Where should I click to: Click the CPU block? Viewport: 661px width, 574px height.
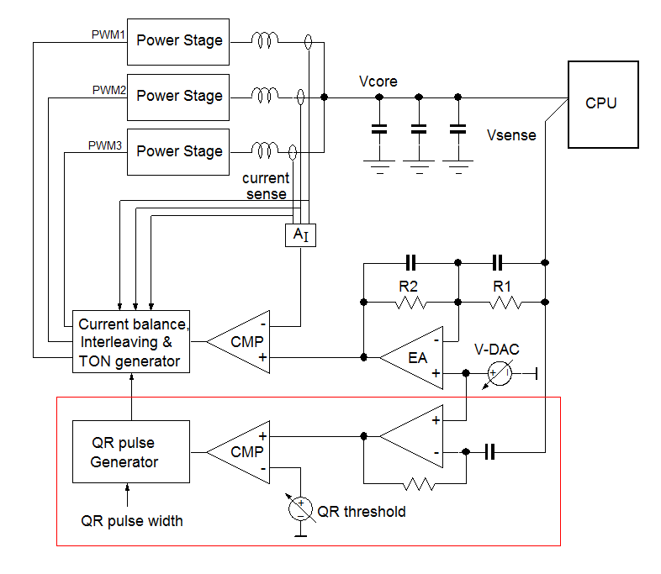point(600,103)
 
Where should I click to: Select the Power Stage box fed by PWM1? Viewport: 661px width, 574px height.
point(178,40)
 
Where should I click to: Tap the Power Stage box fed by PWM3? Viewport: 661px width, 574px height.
point(178,151)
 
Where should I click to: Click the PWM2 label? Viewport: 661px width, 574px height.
point(108,90)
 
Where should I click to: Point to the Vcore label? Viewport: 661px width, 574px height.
point(378,82)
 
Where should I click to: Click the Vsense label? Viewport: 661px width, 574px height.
point(511,134)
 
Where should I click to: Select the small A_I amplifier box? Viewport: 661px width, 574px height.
point(300,235)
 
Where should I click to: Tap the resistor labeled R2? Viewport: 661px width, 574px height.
point(410,301)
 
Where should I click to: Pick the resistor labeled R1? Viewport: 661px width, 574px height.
point(501,301)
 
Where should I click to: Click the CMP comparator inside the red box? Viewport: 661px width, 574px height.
point(241,452)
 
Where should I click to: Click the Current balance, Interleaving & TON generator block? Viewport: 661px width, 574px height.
point(130,342)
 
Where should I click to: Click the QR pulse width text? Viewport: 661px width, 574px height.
point(132,520)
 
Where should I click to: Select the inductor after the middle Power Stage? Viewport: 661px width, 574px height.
point(266,96)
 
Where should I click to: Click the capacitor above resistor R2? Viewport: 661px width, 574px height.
point(410,261)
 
